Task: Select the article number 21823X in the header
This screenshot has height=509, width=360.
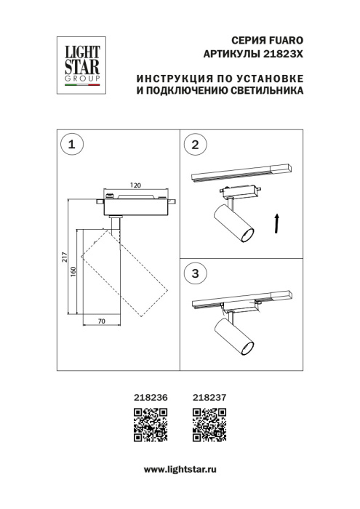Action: coord(281,54)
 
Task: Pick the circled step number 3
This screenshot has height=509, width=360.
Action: coord(194,274)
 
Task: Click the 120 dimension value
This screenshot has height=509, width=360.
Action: coord(135,185)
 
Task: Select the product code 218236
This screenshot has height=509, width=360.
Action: coord(151,397)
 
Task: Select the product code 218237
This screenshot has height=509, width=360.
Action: coord(208,397)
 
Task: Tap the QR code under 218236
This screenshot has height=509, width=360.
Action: coord(151,425)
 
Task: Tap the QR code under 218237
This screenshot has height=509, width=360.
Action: coord(208,425)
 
